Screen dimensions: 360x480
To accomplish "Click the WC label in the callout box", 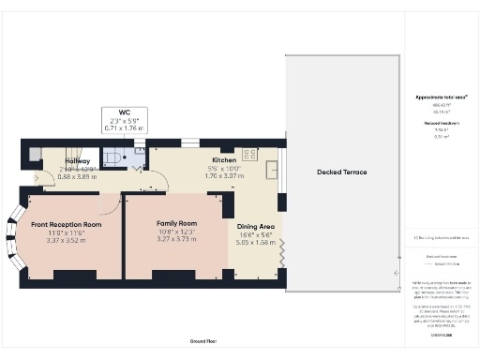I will point(124,112).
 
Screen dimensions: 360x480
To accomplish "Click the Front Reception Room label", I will point(66,225).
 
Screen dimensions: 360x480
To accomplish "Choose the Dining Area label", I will point(255,226).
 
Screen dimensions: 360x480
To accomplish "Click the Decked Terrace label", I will point(341,172).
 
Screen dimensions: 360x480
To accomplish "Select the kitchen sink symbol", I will point(271,169).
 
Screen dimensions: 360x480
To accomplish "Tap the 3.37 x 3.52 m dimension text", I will point(66,241).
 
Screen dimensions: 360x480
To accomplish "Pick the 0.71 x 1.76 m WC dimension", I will point(124,128).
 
